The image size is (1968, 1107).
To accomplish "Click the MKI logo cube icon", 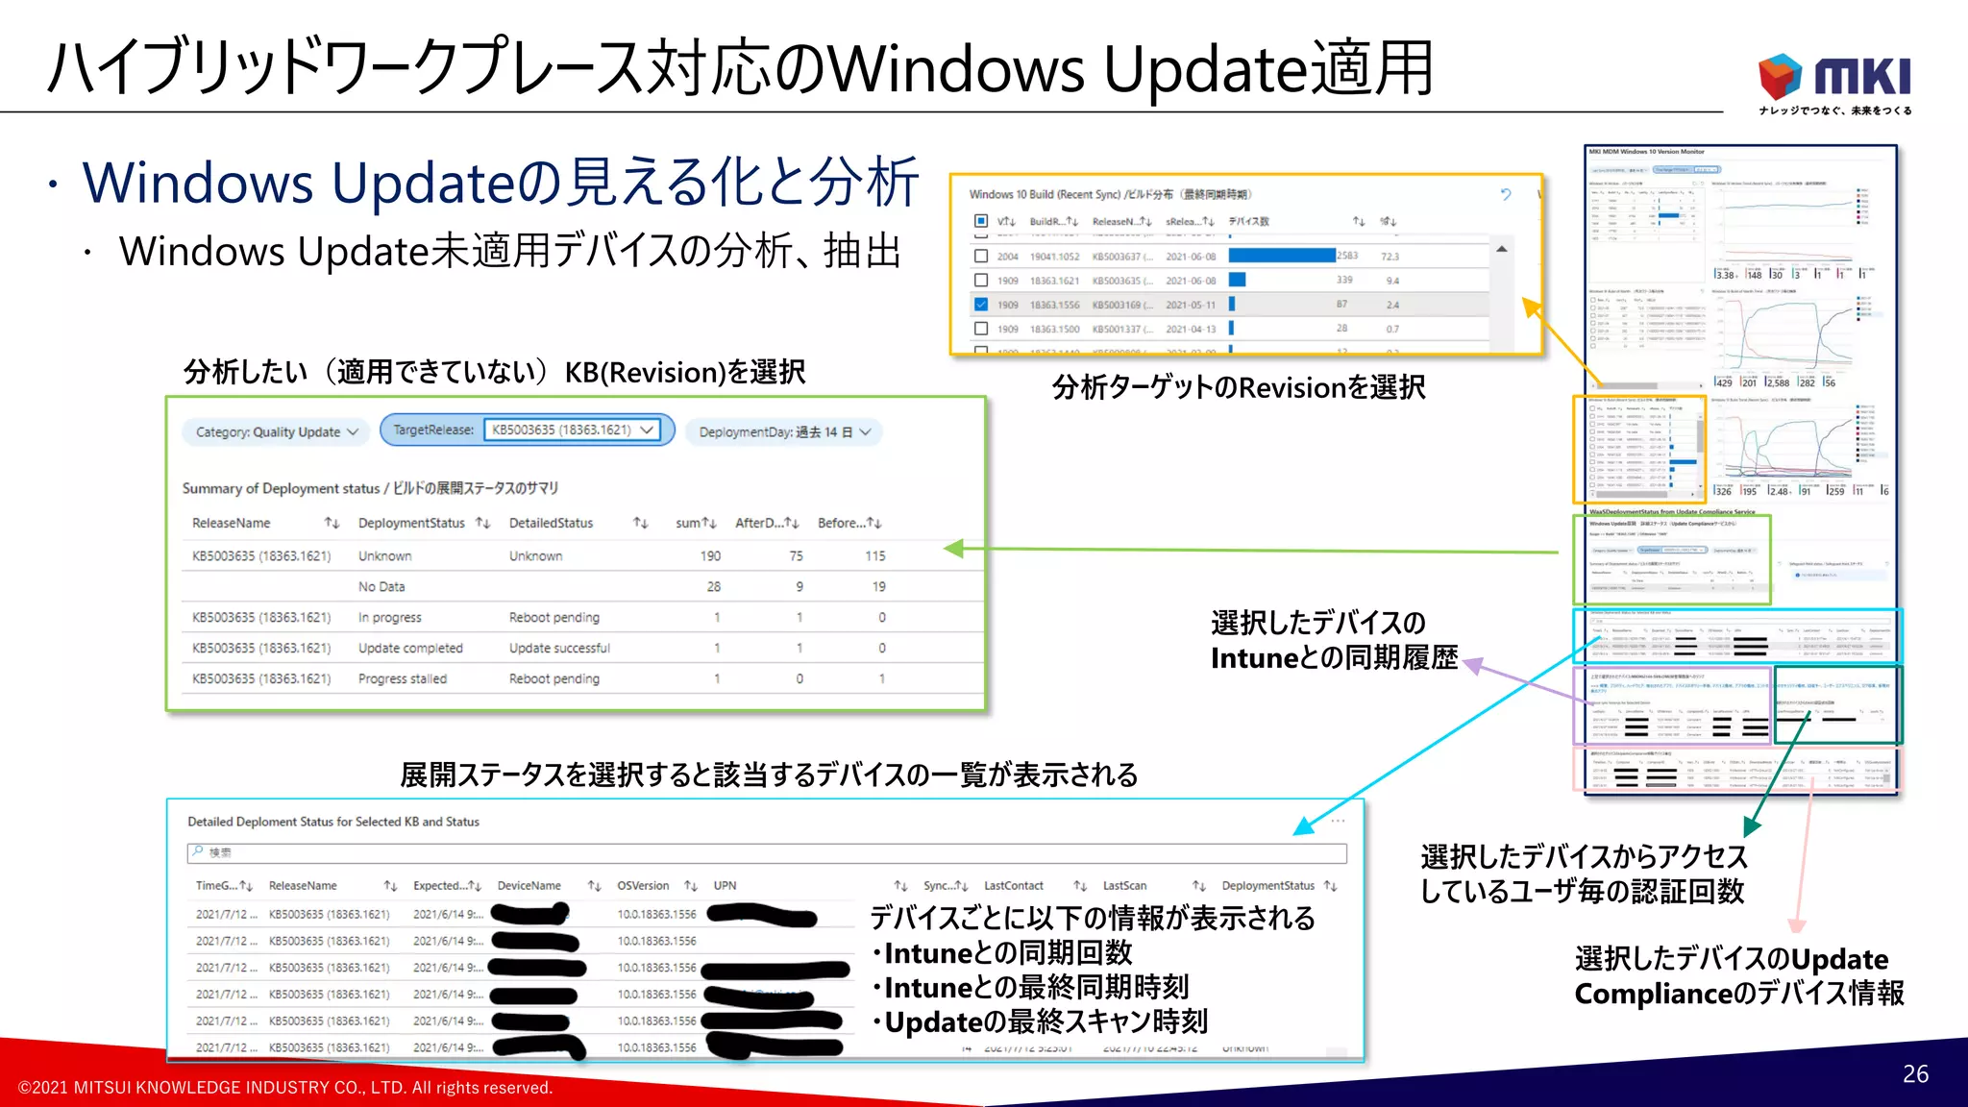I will pos(1780,76).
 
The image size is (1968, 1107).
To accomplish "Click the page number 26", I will pos(1915,1074).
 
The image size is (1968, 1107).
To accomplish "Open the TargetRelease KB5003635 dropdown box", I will pos(572,430).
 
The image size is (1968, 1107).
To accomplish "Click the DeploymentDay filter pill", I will pos(784,432).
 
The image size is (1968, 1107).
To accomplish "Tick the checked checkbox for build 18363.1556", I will pos(980,305).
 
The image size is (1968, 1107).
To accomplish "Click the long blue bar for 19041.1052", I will pos(1281,256).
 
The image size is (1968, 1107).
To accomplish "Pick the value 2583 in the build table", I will pos(1347,256).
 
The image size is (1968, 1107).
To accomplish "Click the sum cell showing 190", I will pos(710,555).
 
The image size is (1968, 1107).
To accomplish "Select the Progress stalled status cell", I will pos(403,678).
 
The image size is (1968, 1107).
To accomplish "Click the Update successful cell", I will pos(559,648).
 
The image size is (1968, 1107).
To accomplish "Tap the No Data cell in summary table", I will pos(381,586).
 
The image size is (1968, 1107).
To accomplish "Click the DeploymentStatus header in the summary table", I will pos(411,523).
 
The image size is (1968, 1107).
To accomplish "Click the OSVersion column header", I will pos(643,885).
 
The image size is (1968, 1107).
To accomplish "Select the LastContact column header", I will pos(1013,885).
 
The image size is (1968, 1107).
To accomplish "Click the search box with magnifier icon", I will pos(766,852).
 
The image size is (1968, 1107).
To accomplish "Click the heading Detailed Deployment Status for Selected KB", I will pos(333,822).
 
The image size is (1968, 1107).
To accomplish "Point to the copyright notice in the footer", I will pos(285,1088).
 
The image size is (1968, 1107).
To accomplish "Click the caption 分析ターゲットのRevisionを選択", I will pos(1239,387).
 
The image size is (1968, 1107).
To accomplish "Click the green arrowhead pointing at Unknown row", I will pos(953,548).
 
